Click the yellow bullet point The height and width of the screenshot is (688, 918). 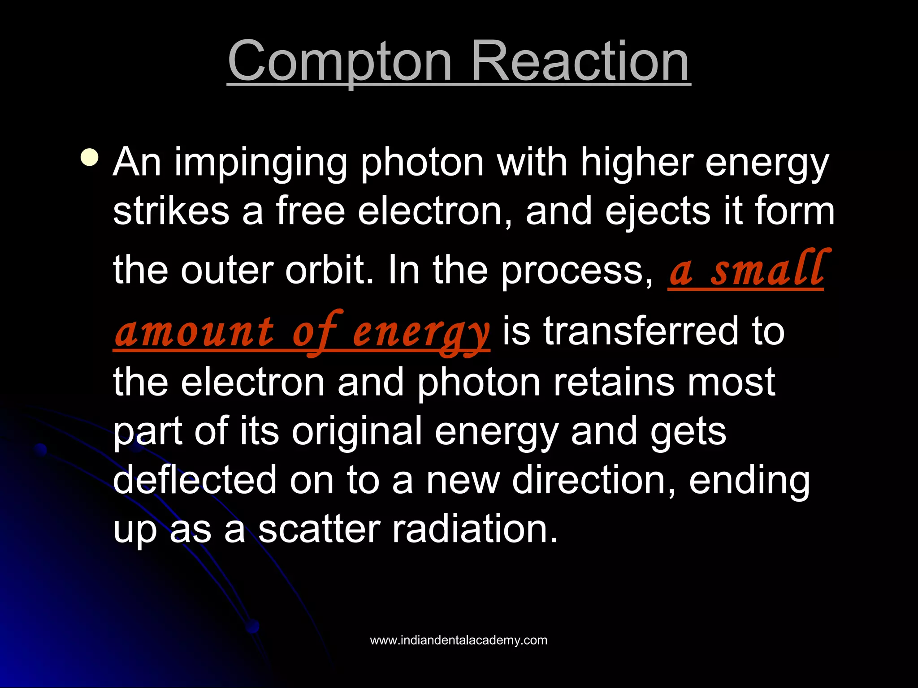90,158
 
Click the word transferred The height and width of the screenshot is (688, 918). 641,331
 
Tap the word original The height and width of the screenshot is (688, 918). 357,431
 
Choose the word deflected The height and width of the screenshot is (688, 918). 195,480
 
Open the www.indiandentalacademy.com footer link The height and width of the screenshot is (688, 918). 459,640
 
